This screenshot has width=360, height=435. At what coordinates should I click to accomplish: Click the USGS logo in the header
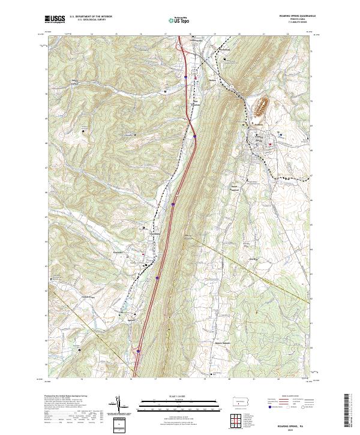[x=55, y=20]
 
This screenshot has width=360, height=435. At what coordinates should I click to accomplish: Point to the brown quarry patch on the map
[x=261, y=107]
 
